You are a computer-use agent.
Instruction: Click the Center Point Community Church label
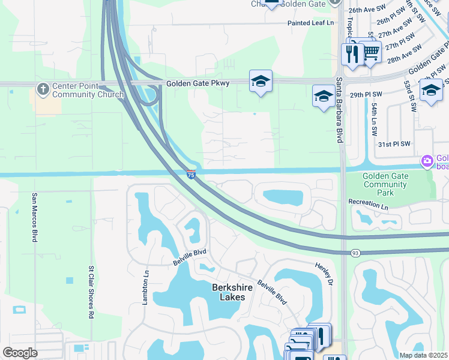click(x=88, y=90)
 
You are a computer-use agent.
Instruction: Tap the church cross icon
click(x=43, y=89)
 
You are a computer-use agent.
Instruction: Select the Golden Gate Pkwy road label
click(x=198, y=83)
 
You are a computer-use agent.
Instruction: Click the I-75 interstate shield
click(x=190, y=175)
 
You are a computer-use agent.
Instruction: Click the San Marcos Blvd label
click(x=35, y=217)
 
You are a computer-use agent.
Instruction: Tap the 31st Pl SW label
click(x=394, y=144)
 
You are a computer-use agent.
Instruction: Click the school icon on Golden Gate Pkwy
click(x=261, y=81)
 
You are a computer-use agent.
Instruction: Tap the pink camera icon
click(x=427, y=160)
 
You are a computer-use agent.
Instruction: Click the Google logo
click(x=20, y=353)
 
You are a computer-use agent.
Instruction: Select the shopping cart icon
click(x=372, y=52)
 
